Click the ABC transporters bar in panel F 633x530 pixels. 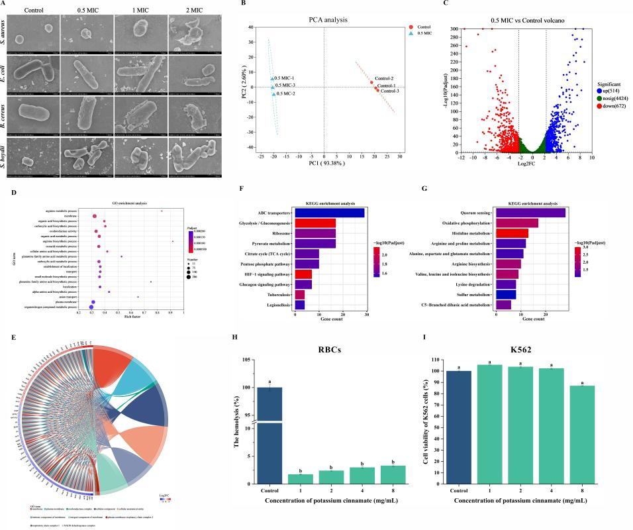pos(329,212)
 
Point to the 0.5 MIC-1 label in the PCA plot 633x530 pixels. pos(287,79)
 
